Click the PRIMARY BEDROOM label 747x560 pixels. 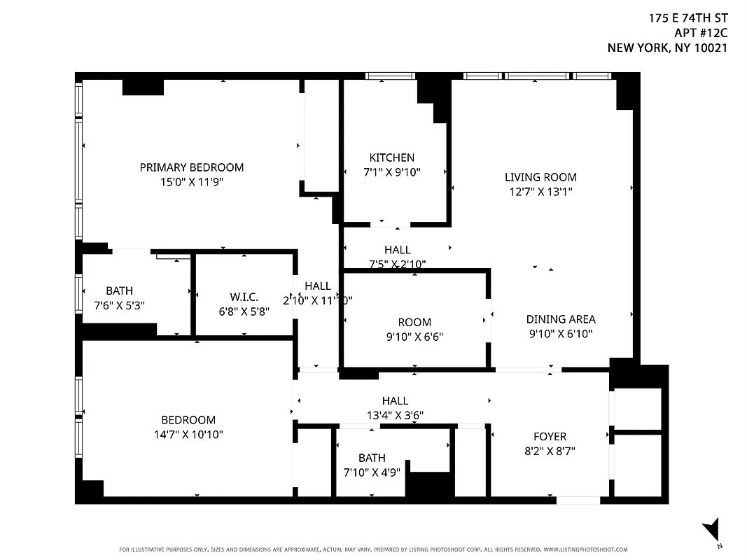[x=191, y=167]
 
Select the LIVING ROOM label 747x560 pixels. [x=540, y=177]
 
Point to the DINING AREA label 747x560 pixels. [x=561, y=319]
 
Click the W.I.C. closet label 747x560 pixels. [x=244, y=297]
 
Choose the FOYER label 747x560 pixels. [x=550, y=437]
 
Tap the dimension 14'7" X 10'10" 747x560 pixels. [x=188, y=434]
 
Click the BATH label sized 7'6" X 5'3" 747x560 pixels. [x=119, y=290]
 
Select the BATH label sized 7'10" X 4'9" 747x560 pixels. [x=371, y=458]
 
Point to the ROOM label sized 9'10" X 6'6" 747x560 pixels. [x=414, y=322]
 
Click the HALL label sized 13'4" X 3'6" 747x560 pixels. [x=395, y=400]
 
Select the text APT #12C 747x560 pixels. [x=701, y=33]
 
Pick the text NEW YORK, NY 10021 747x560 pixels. [x=667, y=48]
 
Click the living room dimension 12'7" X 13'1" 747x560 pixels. [x=540, y=191]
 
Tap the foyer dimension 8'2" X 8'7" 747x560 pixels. [x=550, y=451]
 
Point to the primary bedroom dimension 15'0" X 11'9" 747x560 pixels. [x=191, y=182]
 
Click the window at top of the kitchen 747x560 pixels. [x=390, y=76]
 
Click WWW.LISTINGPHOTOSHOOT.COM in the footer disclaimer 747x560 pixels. [x=585, y=549]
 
